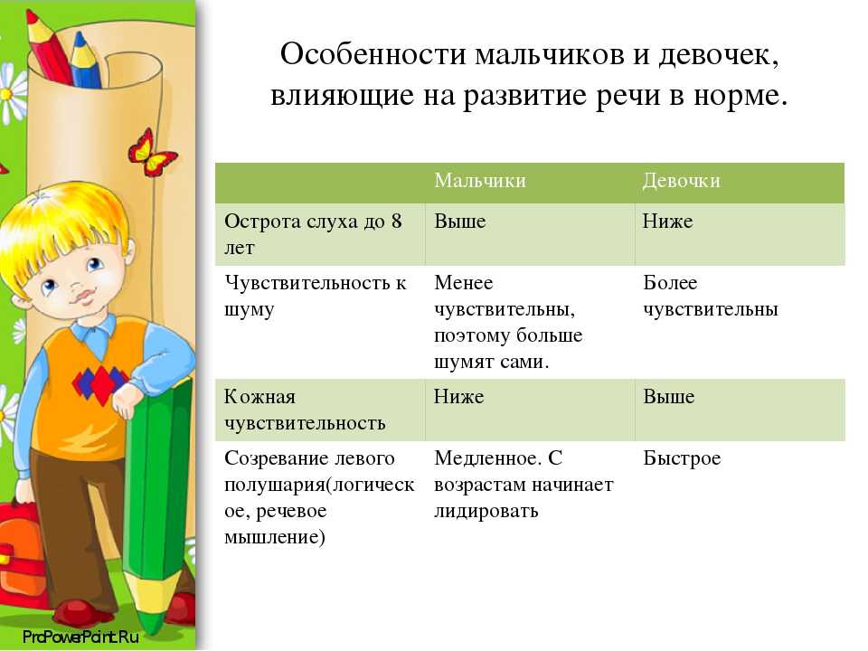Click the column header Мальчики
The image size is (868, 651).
point(480,181)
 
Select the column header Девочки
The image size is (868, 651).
point(682,181)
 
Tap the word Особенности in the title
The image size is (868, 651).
point(373,54)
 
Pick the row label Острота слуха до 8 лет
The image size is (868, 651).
point(313,234)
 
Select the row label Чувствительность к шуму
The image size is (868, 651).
point(315,296)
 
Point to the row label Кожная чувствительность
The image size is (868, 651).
point(305,410)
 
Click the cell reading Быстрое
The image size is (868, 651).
point(682,459)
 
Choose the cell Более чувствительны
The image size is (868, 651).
point(711,296)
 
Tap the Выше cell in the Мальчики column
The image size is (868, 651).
point(460,222)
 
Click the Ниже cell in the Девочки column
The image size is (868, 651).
point(667,222)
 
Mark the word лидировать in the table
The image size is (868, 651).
point(486,511)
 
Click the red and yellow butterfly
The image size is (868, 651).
point(151,152)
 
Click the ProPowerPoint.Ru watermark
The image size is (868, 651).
point(80,636)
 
